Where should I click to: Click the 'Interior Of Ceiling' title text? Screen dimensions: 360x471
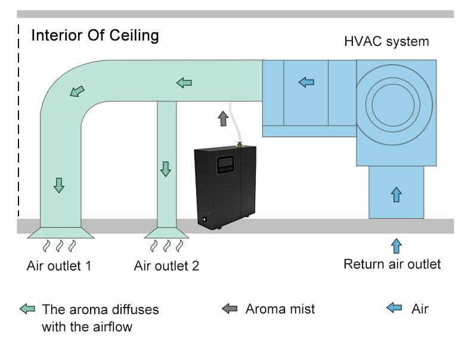[95, 35]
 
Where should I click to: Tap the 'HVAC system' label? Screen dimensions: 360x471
[386, 42]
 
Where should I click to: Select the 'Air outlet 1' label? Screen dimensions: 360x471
[59, 266]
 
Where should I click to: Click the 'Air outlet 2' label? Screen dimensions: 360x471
[166, 266]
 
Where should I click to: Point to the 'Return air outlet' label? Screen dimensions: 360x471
[392, 264]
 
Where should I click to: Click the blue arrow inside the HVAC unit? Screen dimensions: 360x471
[306, 82]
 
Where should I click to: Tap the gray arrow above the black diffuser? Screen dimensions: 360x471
[223, 118]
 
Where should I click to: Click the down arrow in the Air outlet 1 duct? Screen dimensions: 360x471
[58, 185]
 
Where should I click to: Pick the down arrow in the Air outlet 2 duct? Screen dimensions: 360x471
[166, 169]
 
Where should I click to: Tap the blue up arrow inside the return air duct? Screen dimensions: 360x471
[396, 194]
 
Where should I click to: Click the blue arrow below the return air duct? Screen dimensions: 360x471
[396, 246]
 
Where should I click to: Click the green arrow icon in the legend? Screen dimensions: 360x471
[27, 309]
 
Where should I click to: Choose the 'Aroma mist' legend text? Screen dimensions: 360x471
[280, 309]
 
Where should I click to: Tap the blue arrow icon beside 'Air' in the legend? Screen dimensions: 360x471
[394, 308]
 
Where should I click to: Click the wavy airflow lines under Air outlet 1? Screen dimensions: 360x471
[59, 246]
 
